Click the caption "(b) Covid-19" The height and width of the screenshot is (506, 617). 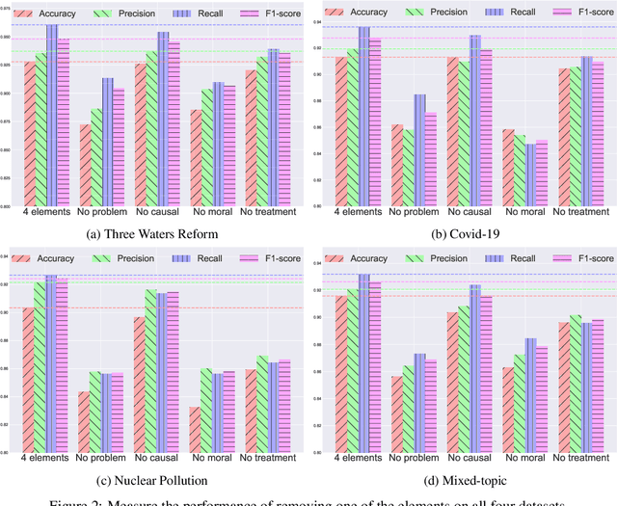pos(462,233)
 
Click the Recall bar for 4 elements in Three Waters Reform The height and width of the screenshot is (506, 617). pos(52,116)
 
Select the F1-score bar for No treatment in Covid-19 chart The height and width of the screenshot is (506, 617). pos(598,134)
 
